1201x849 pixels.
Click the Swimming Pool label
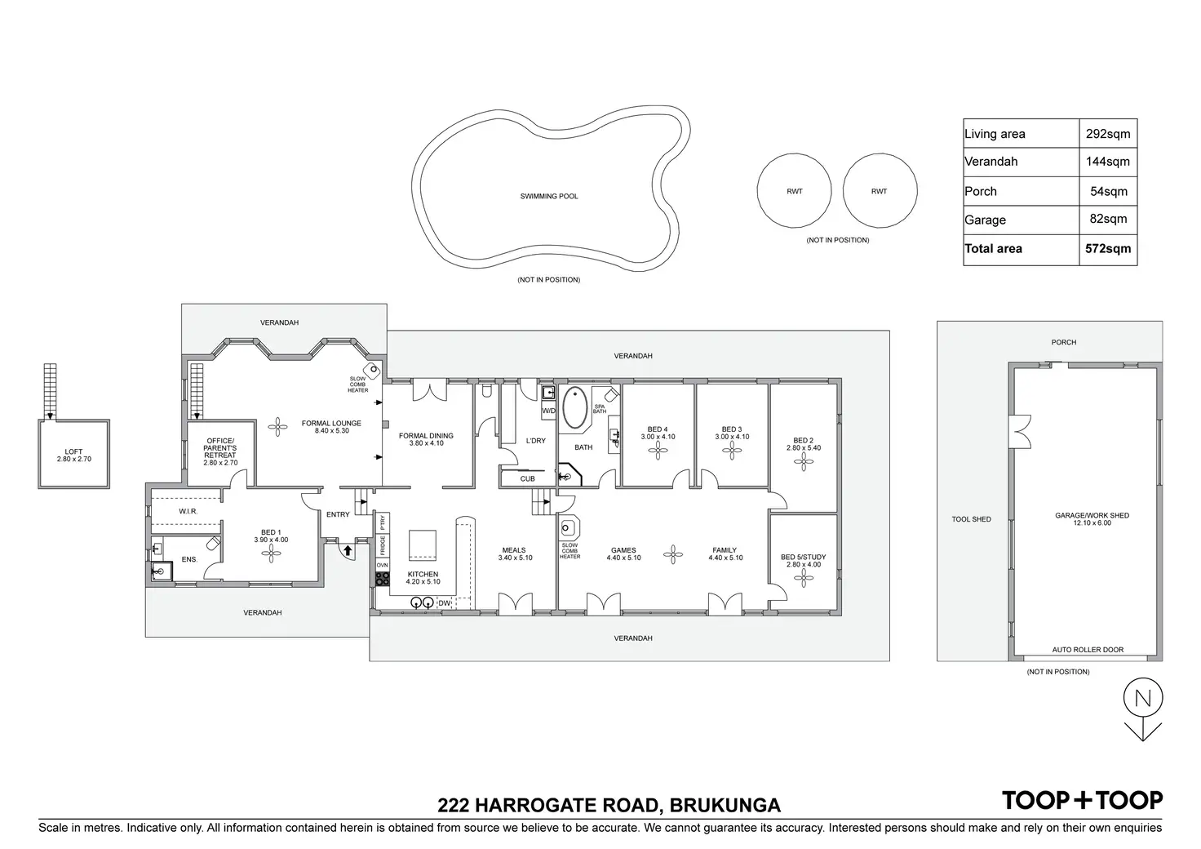[x=549, y=196]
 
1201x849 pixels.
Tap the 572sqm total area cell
[x=1108, y=248]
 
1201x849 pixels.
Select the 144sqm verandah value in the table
[x=1108, y=162]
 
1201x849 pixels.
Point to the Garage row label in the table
[x=985, y=220]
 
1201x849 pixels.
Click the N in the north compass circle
[x=1142, y=699]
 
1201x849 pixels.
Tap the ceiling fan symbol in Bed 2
[x=803, y=462]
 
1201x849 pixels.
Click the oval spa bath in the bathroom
[x=574, y=407]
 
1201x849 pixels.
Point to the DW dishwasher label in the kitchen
[x=444, y=603]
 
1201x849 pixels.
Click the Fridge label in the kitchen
[x=383, y=546]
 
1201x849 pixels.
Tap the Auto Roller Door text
[x=1088, y=650]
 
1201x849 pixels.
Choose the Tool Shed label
[x=972, y=519]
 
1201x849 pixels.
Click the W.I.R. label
[x=188, y=512]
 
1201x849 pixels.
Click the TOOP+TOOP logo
[x=1083, y=800]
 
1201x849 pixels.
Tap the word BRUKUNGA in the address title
[x=725, y=806]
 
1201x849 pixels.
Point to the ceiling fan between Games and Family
[x=673, y=554]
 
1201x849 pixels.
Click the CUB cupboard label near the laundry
[x=528, y=479]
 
